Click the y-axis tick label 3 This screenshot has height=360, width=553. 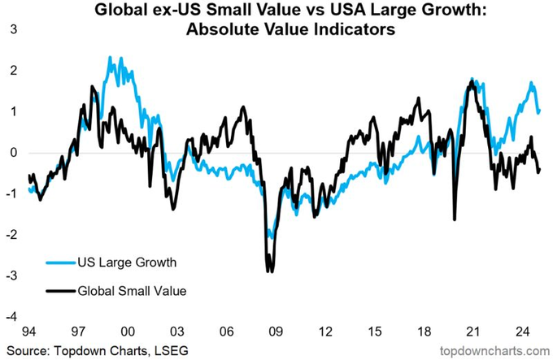11,30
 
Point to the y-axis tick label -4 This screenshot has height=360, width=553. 9,315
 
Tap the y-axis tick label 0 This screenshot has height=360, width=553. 11,152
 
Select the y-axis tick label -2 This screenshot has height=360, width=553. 9,234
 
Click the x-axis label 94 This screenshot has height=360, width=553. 30,331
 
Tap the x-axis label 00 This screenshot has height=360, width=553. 128,331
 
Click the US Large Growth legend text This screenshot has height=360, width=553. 126,262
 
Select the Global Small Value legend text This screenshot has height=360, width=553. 133,290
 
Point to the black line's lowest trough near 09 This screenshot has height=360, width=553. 269,271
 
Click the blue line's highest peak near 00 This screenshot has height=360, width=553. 111,58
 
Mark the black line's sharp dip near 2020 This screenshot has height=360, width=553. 454,219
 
